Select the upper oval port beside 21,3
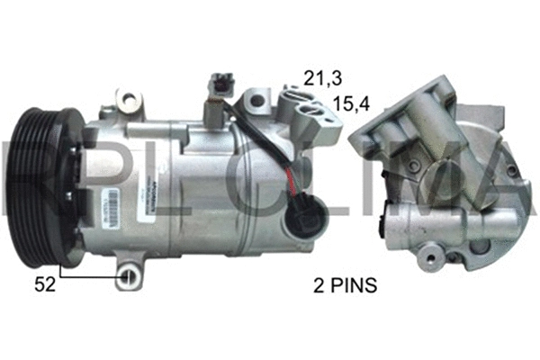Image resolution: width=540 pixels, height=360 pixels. [291, 96]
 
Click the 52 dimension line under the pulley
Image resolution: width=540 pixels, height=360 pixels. [90, 268]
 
